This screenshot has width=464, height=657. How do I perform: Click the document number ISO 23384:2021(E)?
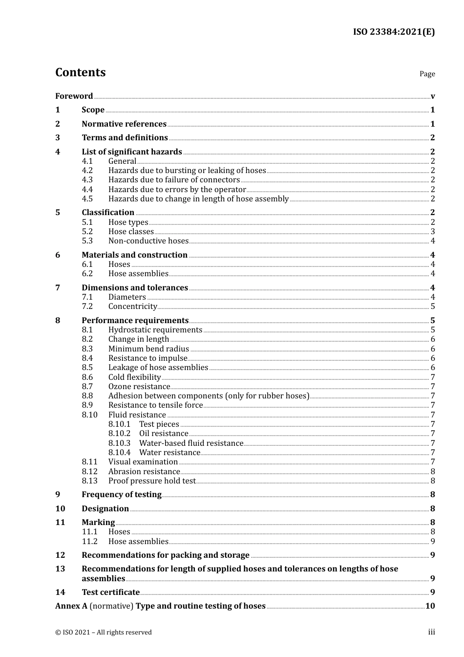point(394,32)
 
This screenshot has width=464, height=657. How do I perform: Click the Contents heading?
point(80,72)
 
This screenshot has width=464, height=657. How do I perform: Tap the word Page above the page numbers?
point(427,74)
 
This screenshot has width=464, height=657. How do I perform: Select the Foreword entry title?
point(74,96)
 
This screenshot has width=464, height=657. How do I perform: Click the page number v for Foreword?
point(433,96)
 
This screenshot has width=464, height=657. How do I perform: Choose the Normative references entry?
point(124,124)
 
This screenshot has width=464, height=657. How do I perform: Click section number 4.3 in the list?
point(87,180)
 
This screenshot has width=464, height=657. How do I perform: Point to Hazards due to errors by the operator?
point(177,189)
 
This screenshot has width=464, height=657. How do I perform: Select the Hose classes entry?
point(131,232)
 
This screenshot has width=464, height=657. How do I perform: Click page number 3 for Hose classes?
point(433,232)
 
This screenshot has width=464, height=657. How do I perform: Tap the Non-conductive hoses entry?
point(148,241)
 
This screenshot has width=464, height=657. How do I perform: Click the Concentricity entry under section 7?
point(132,307)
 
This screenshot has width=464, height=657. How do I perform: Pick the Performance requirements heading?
point(135,320)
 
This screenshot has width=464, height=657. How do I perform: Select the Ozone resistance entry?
point(139,387)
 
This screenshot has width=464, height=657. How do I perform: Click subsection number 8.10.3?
point(120,443)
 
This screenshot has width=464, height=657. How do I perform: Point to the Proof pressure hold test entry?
point(151,481)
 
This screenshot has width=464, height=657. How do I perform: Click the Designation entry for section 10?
point(105,508)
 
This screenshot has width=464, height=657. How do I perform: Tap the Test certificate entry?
point(110,592)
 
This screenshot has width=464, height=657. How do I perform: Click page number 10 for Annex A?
point(430,606)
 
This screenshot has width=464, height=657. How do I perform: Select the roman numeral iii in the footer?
point(432,632)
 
